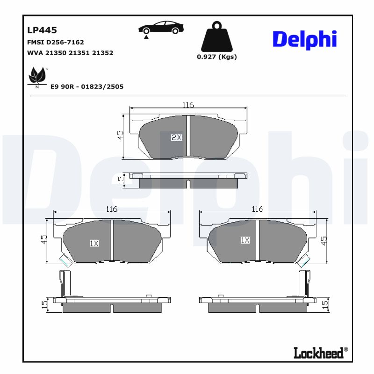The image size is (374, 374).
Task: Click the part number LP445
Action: (42, 30)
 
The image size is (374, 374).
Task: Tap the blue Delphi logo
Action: (304, 39)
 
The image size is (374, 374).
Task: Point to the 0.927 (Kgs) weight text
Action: (216, 57)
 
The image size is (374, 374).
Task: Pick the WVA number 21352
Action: (103, 53)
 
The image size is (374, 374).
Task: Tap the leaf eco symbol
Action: (37, 77)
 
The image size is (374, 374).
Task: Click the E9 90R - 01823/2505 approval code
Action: (86, 86)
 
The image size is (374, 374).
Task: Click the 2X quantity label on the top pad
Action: (176, 137)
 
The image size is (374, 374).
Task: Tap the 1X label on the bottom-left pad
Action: (94, 243)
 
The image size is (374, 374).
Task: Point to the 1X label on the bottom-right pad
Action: (245, 240)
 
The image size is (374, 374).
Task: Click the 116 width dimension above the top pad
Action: (188, 105)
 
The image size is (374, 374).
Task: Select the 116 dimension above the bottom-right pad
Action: (258, 209)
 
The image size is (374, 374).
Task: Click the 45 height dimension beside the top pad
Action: (120, 135)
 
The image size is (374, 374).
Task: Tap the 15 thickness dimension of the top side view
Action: (121, 180)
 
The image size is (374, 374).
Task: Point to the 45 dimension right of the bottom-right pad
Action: (324, 241)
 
